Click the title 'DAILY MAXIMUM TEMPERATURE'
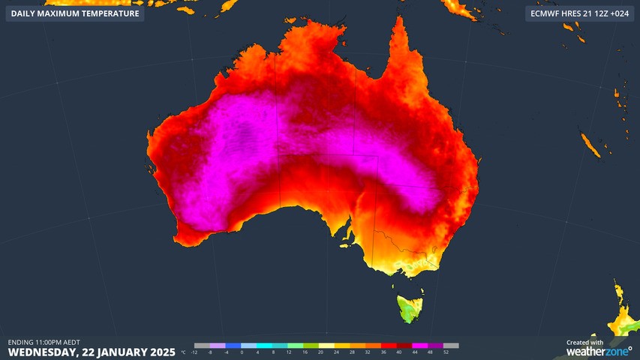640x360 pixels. click(75, 13)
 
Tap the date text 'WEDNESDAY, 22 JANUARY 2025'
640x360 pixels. click(92, 352)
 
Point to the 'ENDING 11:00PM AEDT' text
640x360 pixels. click(44, 342)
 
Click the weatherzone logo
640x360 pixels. click(599, 351)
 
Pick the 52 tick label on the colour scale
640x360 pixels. click(446, 352)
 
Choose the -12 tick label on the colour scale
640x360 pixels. click(194, 352)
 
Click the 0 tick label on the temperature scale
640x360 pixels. click(242, 352)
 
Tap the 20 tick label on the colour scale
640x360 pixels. click(320, 352)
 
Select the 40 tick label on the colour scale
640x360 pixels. click(398, 352)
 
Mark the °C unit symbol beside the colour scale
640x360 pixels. click(184, 352)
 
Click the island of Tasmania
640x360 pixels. click(410, 307)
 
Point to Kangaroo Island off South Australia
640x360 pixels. click(347, 242)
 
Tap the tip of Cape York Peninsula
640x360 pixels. click(398, 21)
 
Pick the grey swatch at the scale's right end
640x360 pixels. click(451, 346)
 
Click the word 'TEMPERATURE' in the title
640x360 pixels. click(109, 13)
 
